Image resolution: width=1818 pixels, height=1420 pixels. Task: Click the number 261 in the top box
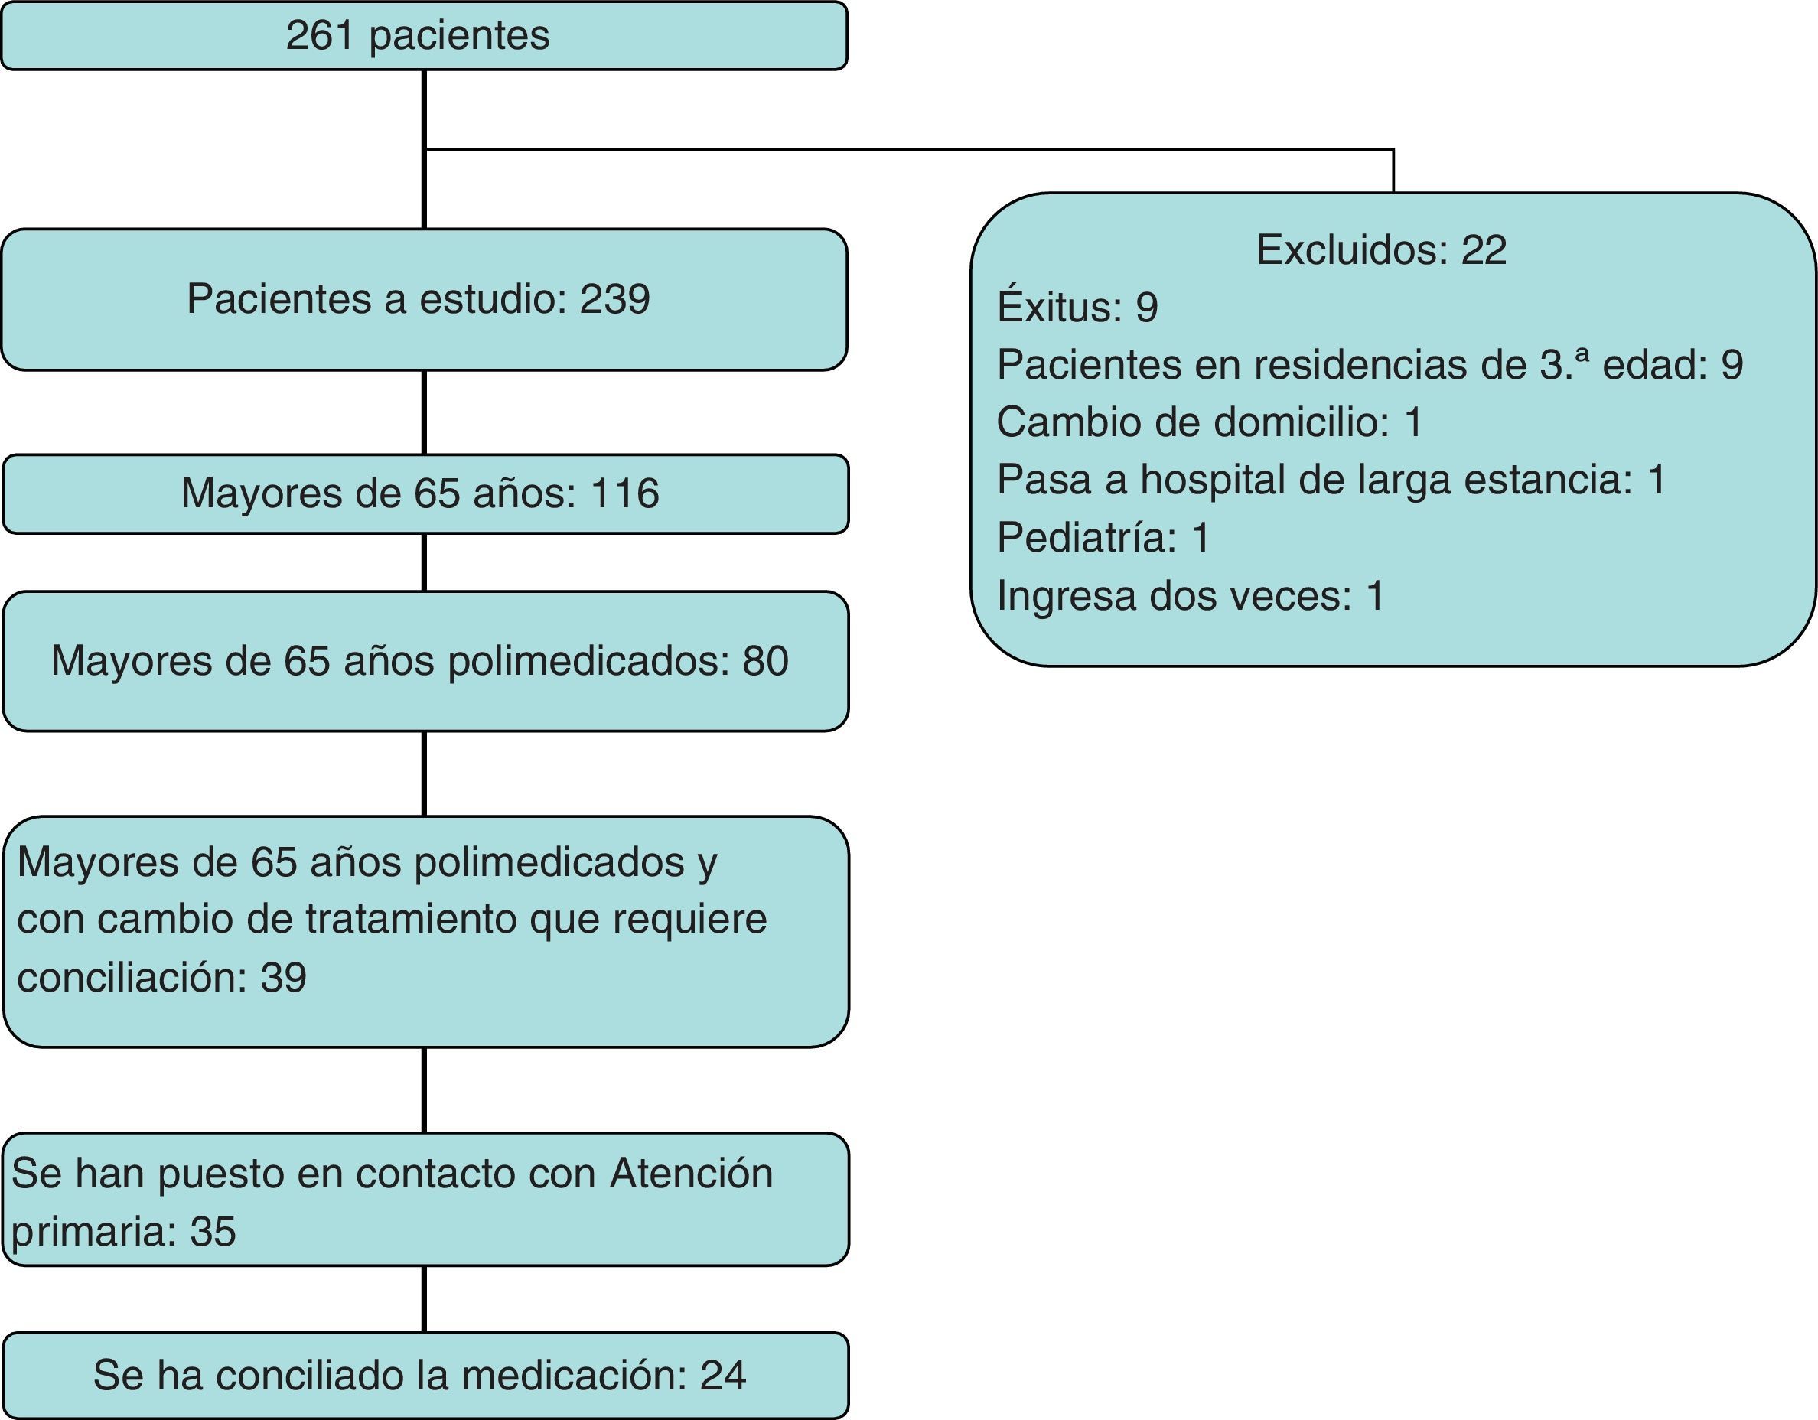pyautogui.click(x=321, y=36)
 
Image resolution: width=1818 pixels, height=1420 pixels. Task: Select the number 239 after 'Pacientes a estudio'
pyautogui.click(x=614, y=299)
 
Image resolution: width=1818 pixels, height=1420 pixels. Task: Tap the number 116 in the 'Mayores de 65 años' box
pyautogui.click(x=624, y=493)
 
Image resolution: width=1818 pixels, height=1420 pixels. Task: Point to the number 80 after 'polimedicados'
pyautogui.click(x=765, y=661)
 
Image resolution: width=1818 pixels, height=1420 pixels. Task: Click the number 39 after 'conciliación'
pyautogui.click(x=283, y=977)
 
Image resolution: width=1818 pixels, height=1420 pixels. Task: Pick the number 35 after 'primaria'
pyautogui.click(x=213, y=1231)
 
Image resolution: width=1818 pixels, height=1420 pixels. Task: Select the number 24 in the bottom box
pyautogui.click(x=722, y=1376)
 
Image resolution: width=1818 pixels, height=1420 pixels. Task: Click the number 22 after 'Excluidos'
pyautogui.click(x=1484, y=249)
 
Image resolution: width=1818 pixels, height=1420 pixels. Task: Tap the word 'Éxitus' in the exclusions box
pyautogui.click(x=1057, y=306)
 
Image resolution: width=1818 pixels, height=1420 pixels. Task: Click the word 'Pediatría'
pyautogui.click(x=1086, y=537)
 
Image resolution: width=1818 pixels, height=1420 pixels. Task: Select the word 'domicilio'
pyautogui.click(x=1299, y=422)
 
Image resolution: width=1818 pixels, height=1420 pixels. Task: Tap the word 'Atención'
pyautogui.click(x=691, y=1174)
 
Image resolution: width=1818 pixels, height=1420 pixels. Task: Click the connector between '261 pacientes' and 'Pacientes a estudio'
pyautogui.click(x=425, y=150)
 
